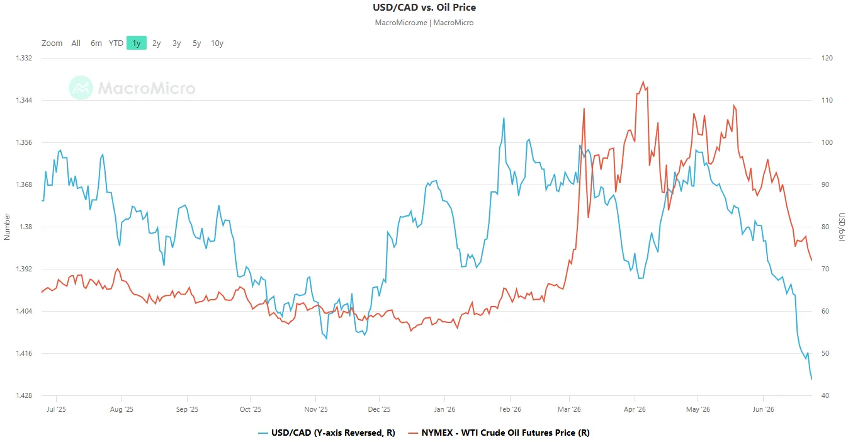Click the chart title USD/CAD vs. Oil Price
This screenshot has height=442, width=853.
(x=424, y=7)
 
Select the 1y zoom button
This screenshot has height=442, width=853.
(x=137, y=43)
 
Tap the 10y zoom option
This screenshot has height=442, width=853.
(x=217, y=43)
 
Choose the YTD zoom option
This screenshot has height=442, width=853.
(x=116, y=43)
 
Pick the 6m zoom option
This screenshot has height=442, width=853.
(x=96, y=43)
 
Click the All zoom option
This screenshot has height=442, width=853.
(x=76, y=43)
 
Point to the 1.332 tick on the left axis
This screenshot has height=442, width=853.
(x=24, y=58)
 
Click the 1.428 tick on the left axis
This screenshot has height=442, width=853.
(x=24, y=395)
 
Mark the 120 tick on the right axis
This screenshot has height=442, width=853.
(x=827, y=58)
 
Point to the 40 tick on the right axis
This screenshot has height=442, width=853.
(x=825, y=395)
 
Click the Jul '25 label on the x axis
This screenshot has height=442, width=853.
(x=56, y=409)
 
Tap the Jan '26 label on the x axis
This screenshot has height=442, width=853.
(x=445, y=409)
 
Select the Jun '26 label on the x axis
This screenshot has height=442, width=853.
(x=764, y=409)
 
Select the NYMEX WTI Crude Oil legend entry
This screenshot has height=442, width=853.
(x=499, y=433)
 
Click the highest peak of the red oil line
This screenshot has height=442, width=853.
(x=643, y=81)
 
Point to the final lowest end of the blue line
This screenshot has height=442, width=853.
(x=812, y=379)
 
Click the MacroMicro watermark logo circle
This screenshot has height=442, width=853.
(x=81, y=88)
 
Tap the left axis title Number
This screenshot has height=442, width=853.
(x=6, y=227)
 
